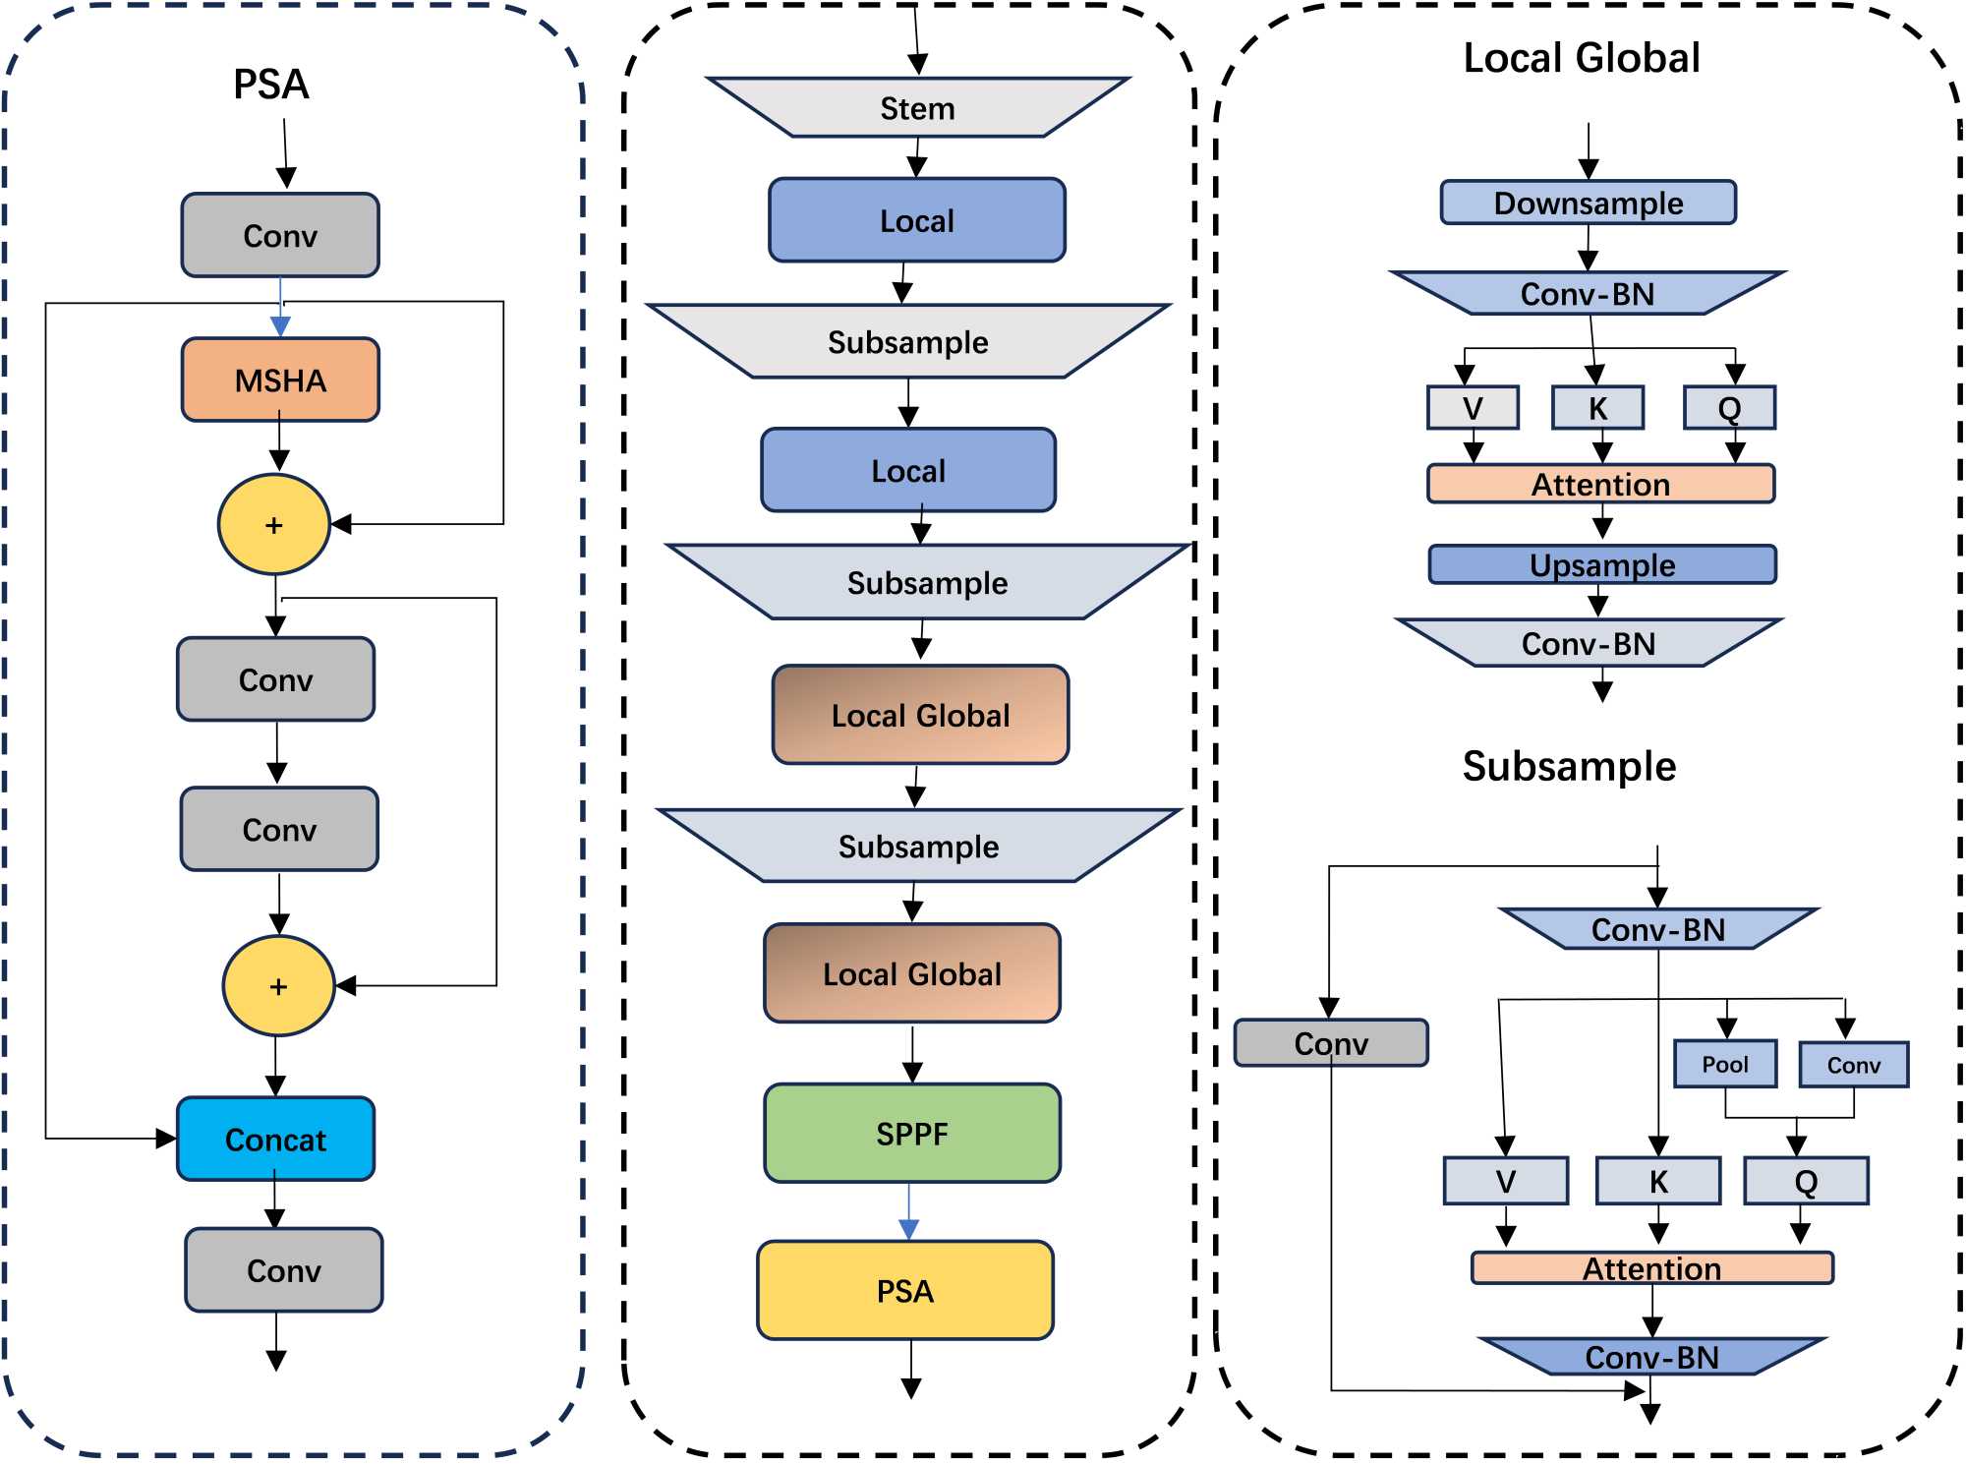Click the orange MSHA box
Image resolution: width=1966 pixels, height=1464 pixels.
click(280, 380)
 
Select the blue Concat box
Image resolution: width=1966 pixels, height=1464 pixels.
click(275, 1139)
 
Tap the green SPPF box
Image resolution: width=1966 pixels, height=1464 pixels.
click(912, 1133)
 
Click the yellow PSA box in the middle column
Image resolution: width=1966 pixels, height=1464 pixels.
click(904, 1290)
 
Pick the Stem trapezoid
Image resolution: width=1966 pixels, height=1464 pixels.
click(917, 107)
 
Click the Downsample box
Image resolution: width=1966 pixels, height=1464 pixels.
click(1588, 203)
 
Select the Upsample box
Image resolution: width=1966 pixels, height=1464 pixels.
click(1602, 564)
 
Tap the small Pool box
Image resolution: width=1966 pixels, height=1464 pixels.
click(1725, 1064)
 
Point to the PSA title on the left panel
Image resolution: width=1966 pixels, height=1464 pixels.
click(271, 84)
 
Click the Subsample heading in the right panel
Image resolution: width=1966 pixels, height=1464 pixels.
click(1569, 766)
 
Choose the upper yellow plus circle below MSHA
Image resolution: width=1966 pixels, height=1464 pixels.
click(274, 524)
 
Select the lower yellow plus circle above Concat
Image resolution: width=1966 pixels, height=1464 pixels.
click(278, 985)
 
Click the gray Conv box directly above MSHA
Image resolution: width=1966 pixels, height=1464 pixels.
click(280, 235)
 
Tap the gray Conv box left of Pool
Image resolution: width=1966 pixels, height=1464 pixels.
click(1331, 1042)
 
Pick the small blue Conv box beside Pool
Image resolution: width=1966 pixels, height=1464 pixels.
click(1853, 1065)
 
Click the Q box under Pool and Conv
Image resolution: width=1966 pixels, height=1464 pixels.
click(1806, 1180)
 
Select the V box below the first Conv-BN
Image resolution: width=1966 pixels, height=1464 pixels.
click(1473, 407)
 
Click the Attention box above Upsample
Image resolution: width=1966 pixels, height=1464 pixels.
click(1600, 484)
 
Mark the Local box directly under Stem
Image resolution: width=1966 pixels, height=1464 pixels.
click(916, 220)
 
